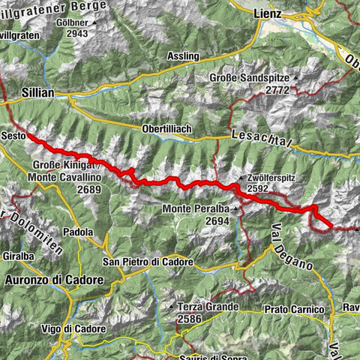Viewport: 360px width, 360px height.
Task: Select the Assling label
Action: click(183, 55)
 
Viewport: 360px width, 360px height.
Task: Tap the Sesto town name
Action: click(14, 136)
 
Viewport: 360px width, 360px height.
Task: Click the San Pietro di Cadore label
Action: click(148, 262)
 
